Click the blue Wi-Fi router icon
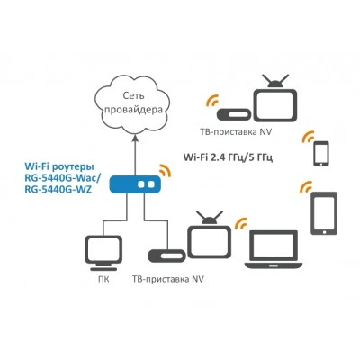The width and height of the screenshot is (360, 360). tap(135, 184)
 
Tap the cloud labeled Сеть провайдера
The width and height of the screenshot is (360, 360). tap(133, 102)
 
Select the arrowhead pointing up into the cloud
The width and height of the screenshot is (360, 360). tap(135, 137)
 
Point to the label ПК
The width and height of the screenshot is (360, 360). tap(103, 279)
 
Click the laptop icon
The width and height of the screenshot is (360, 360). tap(272, 249)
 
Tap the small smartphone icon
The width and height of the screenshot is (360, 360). tap(321, 154)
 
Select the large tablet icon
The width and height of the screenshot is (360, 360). tap(324, 213)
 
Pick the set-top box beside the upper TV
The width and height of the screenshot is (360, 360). tap(234, 114)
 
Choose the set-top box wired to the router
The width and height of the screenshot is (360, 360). tap(166, 255)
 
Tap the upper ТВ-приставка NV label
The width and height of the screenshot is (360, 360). tap(236, 132)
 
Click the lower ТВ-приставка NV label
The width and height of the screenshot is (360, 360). tap(168, 279)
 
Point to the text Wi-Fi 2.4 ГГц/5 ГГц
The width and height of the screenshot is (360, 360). tap(228, 157)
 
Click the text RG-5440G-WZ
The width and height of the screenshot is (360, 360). tap(58, 190)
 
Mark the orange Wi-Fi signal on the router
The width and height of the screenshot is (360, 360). tap(166, 171)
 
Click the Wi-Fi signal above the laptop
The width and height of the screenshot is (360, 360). tap(240, 223)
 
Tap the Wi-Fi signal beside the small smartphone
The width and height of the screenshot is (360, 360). tap(308, 137)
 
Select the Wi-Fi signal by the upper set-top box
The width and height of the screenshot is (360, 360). tap(212, 101)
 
